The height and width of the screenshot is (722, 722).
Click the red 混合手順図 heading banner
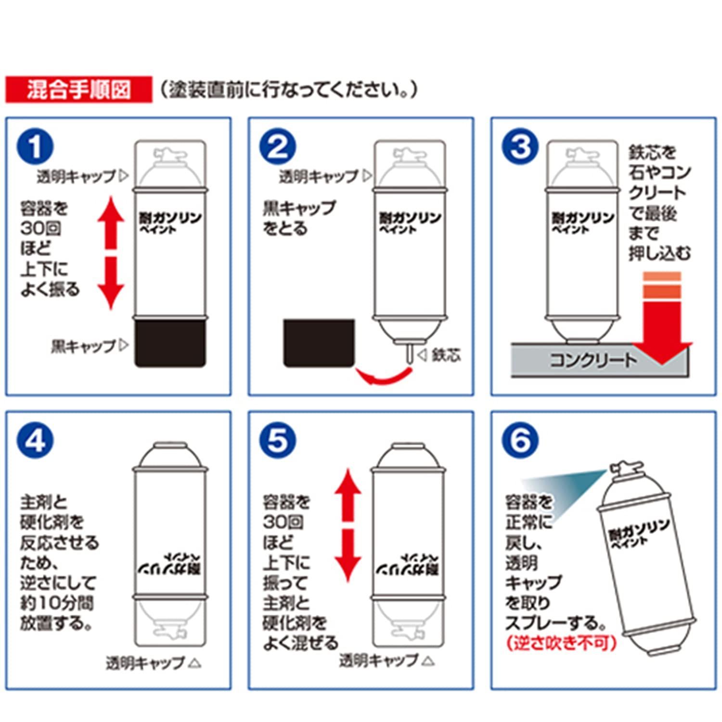pos(78,90)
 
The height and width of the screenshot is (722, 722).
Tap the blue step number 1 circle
pos(35,147)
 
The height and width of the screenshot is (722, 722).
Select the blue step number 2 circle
pos(278,147)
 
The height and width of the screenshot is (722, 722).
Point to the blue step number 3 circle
pos(520,147)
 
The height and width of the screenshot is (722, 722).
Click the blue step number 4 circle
pos(35,440)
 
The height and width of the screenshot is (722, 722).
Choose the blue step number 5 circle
pos(278,440)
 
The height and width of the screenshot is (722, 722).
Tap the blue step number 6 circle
pos(520,440)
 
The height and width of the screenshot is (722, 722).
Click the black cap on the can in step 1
pos(170,343)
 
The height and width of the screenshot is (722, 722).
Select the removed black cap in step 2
pos(319,343)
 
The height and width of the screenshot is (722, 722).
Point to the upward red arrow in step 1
pos(111,224)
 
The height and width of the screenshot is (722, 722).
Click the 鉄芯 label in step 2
pos(446,355)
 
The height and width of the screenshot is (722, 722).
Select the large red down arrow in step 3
pos(662,327)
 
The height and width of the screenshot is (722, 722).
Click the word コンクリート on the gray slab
pos(593,360)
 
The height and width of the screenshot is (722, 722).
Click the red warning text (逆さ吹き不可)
pos(561,643)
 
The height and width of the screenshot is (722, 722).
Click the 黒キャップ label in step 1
pos(83,346)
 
